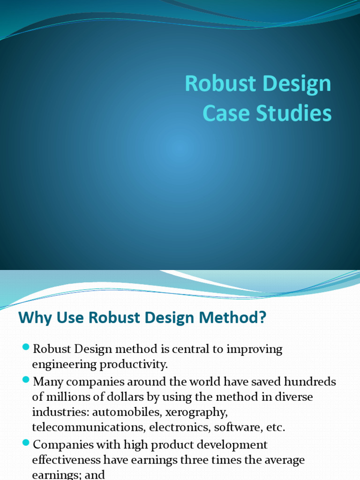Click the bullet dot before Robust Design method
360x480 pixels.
(26, 347)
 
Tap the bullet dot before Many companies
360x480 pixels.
(26, 380)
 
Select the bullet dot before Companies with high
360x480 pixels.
(26, 443)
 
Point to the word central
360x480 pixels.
(194, 349)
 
